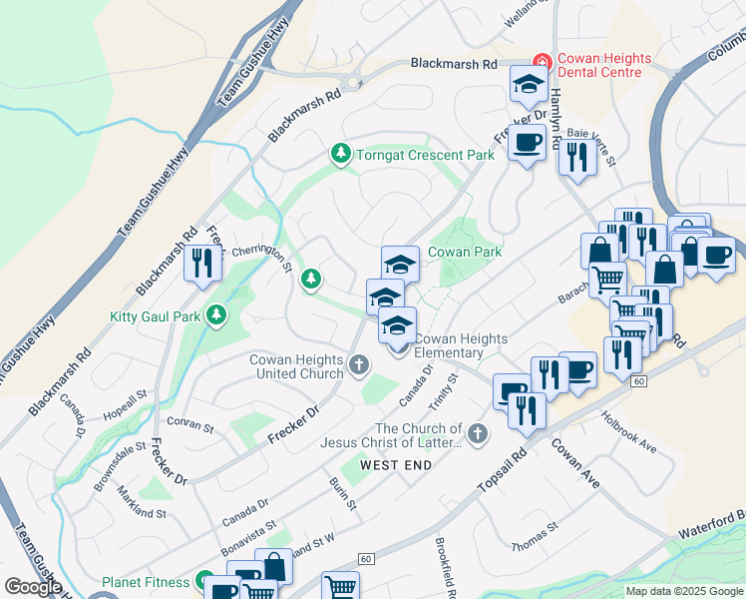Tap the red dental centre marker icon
543,62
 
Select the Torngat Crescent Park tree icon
341,154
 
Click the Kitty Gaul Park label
156,317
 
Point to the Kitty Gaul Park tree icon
216,316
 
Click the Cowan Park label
465,252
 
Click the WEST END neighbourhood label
396,465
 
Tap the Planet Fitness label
146,582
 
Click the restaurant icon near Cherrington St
203,264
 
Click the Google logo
33,587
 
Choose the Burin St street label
343,493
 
